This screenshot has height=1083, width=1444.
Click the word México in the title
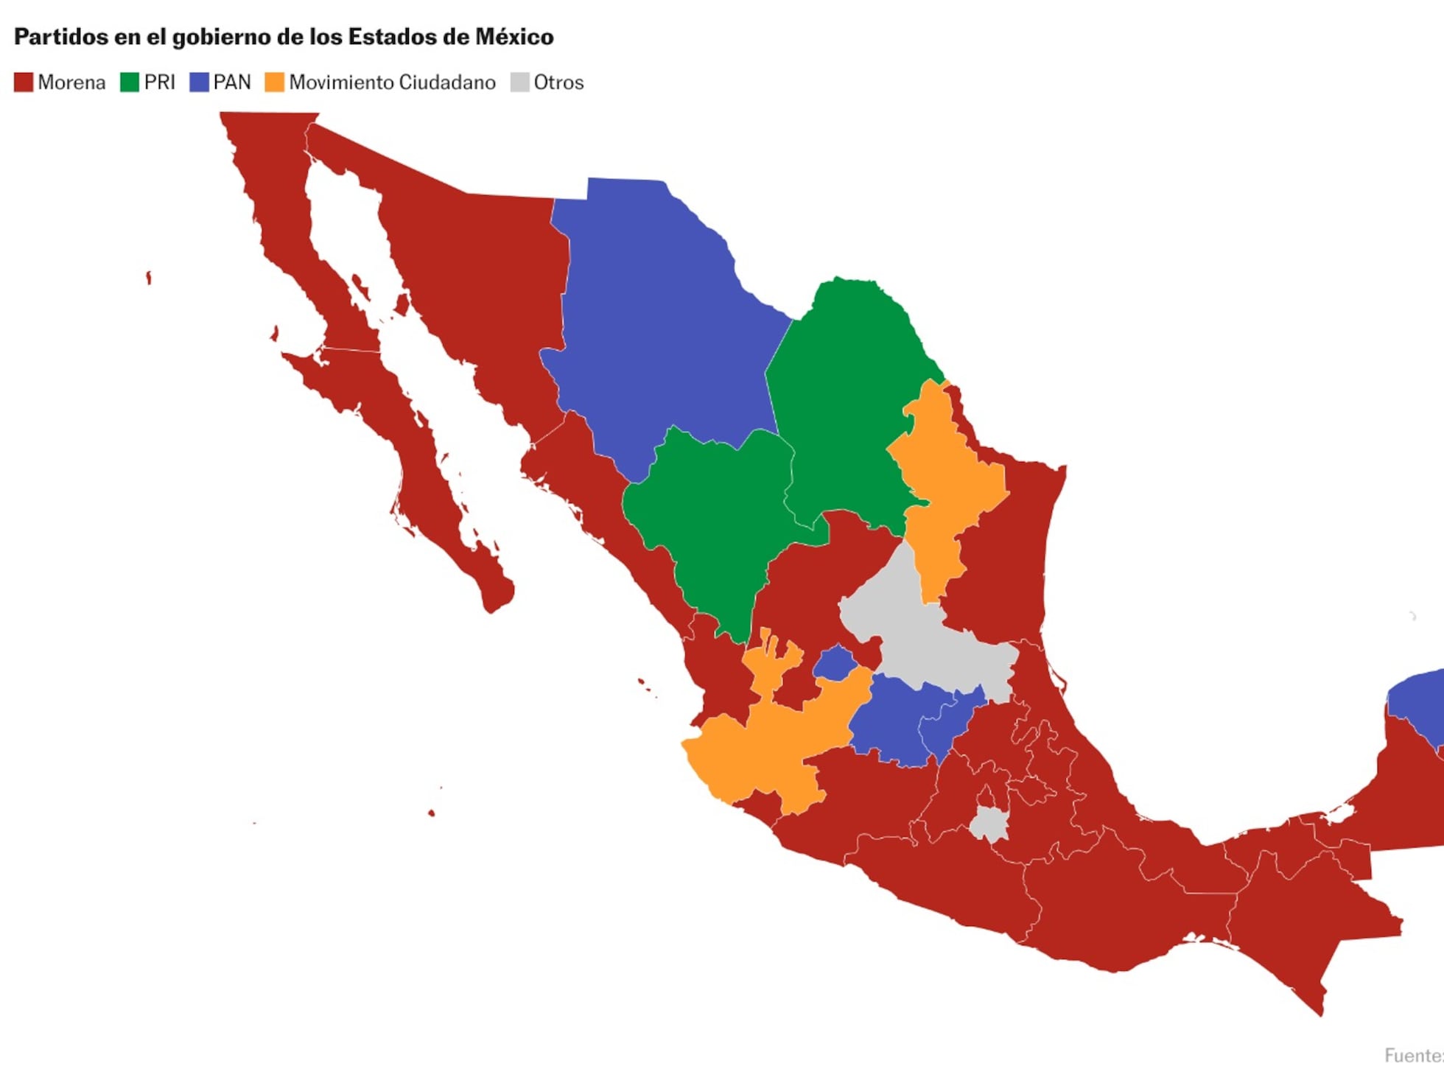(x=514, y=37)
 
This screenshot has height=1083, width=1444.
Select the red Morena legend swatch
(x=24, y=82)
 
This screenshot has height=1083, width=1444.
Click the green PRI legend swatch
(x=130, y=82)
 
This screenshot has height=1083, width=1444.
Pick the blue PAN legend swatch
(x=199, y=82)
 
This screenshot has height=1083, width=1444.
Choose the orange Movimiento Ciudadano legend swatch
(x=274, y=82)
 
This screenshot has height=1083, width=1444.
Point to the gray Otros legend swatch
(x=519, y=82)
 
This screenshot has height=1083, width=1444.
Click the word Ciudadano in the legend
(x=447, y=82)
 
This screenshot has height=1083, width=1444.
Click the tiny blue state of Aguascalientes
(x=835, y=663)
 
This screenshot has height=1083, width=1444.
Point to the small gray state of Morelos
(x=989, y=823)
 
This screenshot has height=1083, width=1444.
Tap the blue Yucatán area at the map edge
(x=1418, y=700)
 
